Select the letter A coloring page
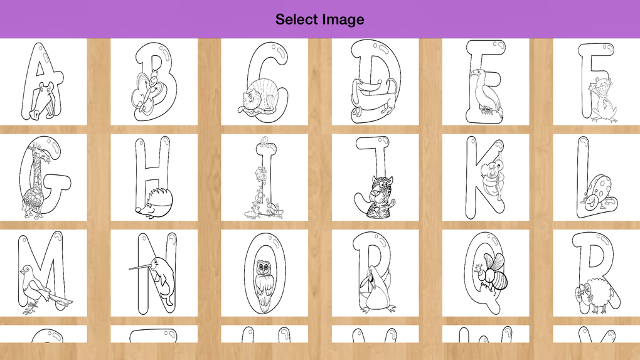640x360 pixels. [x=43, y=82]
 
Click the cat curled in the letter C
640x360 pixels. [x=260, y=97]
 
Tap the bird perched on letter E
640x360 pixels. [x=486, y=92]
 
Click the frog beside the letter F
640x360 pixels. [x=602, y=100]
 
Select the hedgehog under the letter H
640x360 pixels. [x=154, y=203]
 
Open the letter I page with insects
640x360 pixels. [x=265, y=177]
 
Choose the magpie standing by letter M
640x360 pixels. [x=41, y=288]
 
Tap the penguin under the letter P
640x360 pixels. [x=373, y=289]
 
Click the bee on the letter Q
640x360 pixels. [x=492, y=272]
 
